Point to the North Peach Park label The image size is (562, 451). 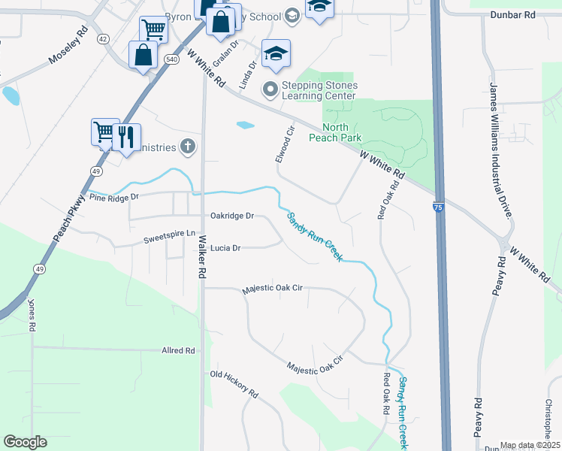(335, 132)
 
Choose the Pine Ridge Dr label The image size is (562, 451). (114, 197)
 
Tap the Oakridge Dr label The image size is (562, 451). (232, 216)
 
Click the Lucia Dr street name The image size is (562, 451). (225, 248)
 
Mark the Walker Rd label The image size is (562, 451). (202, 258)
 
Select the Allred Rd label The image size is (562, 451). (178, 350)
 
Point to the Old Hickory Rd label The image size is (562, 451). (234, 383)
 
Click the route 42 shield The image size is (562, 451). (103, 38)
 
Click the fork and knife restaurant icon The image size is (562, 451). (126, 137)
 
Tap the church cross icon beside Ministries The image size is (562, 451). (188, 147)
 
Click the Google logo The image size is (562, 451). (26, 442)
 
